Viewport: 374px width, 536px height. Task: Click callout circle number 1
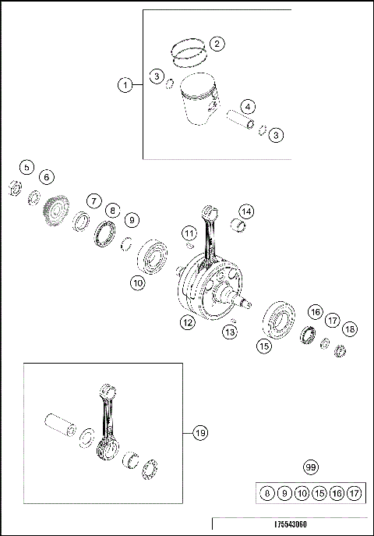(125, 85)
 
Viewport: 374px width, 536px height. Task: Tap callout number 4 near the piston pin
(247, 106)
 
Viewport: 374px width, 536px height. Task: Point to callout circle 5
(26, 167)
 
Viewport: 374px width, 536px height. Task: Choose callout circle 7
(93, 201)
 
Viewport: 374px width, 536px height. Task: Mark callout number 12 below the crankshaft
(187, 321)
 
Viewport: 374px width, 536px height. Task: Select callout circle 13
(228, 332)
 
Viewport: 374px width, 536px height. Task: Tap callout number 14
(246, 211)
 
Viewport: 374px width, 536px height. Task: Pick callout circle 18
(349, 329)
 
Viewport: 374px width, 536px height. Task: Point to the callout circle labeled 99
(311, 467)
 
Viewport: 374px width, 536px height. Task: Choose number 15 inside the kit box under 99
(319, 493)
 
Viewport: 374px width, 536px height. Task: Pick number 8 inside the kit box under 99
(267, 493)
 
